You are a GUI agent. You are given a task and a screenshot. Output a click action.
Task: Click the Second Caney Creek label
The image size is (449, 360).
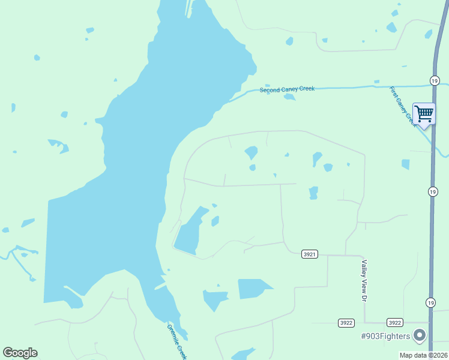pyautogui.click(x=287, y=89)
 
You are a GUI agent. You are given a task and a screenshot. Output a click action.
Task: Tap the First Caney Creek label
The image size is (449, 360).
pyautogui.click(x=402, y=105)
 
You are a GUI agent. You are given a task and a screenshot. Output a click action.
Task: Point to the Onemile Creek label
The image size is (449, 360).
pyautogui.click(x=177, y=341)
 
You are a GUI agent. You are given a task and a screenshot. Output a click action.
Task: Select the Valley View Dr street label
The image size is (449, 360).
pyautogui.click(x=363, y=280)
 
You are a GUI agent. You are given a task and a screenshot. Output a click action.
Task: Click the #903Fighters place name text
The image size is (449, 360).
pyautogui.click(x=385, y=335)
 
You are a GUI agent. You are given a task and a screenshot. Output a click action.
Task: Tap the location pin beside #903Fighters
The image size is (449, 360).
pyautogui.click(x=420, y=335)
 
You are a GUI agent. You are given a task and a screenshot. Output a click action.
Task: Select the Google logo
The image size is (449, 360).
pyautogui.click(x=20, y=353)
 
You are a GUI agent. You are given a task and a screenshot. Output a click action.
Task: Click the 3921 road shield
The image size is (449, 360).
pyautogui.click(x=309, y=254)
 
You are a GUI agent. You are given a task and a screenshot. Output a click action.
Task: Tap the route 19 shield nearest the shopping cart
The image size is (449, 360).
pyautogui.click(x=433, y=80)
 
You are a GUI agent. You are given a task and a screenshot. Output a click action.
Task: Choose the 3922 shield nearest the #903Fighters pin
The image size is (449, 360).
pyautogui.click(x=394, y=322)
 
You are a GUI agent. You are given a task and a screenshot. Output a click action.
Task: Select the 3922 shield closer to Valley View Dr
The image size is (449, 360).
pyautogui.click(x=346, y=322)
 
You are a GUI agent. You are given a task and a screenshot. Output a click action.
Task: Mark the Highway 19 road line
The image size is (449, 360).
pyautogui.click(x=432, y=240)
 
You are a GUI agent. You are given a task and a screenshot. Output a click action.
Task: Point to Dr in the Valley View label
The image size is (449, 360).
pyautogui.click(x=363, y=296)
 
